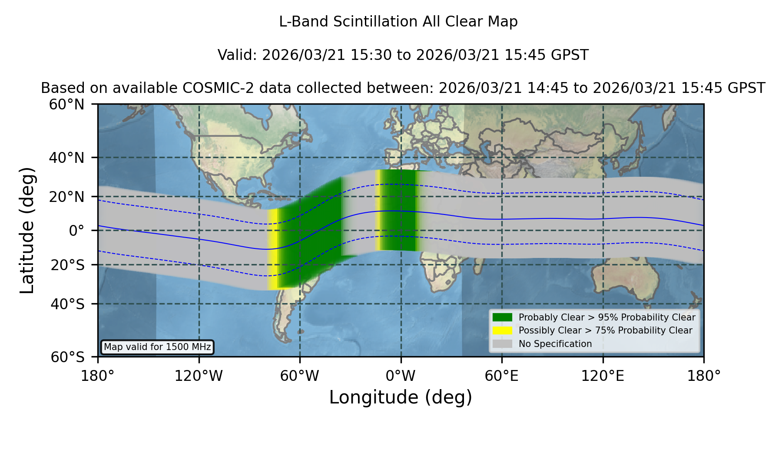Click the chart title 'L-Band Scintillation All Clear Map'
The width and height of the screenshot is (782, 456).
[x=398, y=22]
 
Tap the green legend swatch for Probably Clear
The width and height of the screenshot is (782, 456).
[x=502, y=317]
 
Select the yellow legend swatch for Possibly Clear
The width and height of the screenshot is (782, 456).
[x=502, y=330]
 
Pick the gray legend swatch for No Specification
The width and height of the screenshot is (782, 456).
[x=502, y=344]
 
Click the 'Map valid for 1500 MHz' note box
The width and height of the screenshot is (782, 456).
[x=157, y=347]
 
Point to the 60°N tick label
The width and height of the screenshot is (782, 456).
[x=66, y=104]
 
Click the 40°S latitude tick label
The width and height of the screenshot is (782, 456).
[x=67, y=304]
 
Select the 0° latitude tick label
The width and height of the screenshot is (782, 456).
[x=76, y=231]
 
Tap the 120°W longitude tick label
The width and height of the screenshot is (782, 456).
[x=199, y=376]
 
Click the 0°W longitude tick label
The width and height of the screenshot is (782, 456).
[x=401, y=376]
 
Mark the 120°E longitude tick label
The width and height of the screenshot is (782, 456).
[x=603, y=376]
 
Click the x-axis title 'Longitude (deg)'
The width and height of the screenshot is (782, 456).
[x=401, y=397]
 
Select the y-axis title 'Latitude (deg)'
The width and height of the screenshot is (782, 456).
[x=27, y=230]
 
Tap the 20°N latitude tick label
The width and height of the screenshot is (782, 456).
[x=66, y=197]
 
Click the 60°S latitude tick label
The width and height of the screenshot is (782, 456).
[x=67, y=357]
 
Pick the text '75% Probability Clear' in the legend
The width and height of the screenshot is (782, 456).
[x=643, y=330]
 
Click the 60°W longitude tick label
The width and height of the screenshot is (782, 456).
[x=299, y=376]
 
